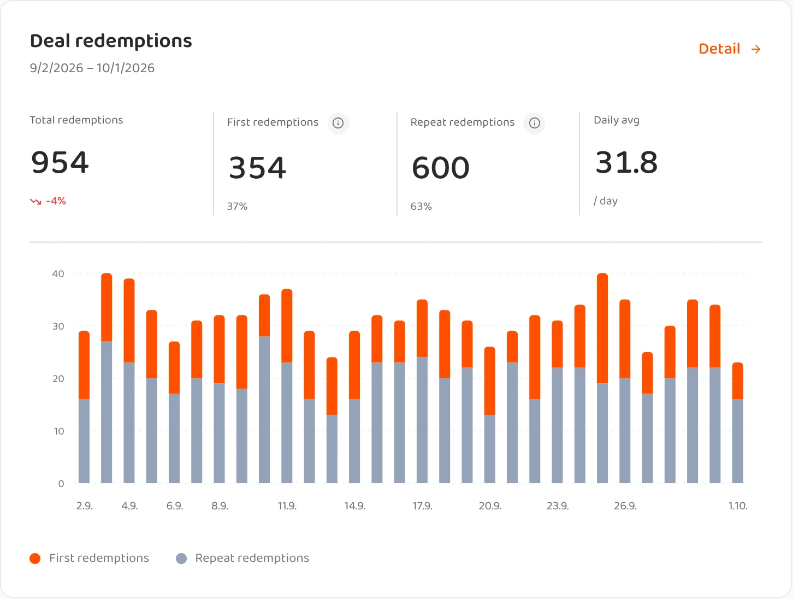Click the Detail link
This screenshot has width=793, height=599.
(730, 49)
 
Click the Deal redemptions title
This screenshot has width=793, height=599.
(111, 41)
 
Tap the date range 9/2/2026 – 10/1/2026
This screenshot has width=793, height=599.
(92, 68)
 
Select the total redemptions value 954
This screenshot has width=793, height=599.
(60, 162)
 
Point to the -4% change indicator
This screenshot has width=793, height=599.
(48, 201)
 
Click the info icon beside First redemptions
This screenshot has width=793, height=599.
(338, 123)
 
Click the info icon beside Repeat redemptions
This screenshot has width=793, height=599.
(534, 123)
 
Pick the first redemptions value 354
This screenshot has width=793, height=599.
(258, 168)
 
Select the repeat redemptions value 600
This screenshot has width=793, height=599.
(440, 168)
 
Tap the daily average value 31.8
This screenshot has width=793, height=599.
(626, 162)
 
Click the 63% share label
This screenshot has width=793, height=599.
(421, 207)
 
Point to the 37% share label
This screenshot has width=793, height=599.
(238, 207)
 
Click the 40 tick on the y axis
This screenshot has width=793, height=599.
(58, 274)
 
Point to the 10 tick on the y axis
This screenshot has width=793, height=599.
(59, 431)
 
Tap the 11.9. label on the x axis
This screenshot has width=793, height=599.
(287, 506)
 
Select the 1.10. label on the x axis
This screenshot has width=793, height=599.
(738, 506)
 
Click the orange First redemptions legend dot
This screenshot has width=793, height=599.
(35, 559)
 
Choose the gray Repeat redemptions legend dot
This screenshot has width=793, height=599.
(181, 559)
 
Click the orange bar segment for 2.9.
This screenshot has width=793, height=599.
(84, 365)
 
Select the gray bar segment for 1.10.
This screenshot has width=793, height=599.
(738, 441)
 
